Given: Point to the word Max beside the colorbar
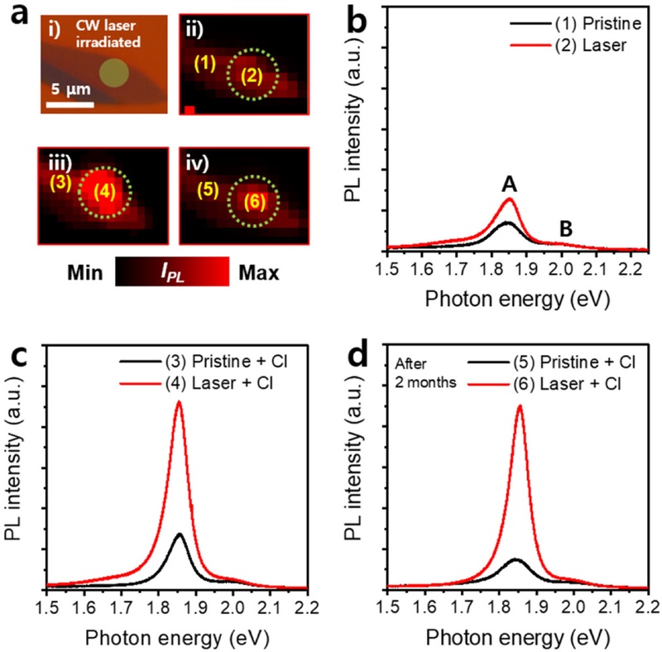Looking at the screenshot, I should (x=257, y=271).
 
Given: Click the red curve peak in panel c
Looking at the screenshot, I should (x=179, y=402).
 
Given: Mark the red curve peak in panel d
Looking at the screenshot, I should (x=520, y=405).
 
